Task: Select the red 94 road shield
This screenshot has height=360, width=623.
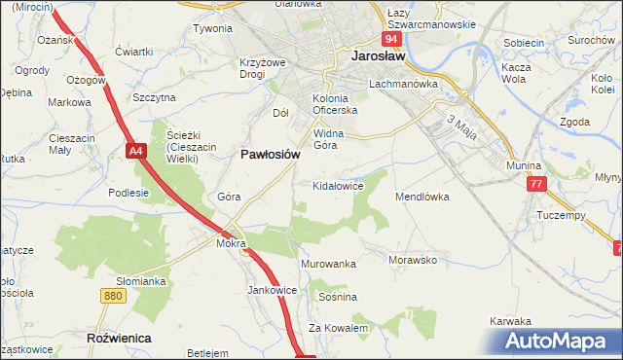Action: click(x=390, y=39)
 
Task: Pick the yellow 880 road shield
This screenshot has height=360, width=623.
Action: click(x=113, y=296)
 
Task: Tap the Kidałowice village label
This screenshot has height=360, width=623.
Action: click(x=338, y=184)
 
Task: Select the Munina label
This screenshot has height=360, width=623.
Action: click(x=523, y=166)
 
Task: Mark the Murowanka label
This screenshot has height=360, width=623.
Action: click(x=329, y=264)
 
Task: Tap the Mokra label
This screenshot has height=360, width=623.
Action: click(x=230, y=244)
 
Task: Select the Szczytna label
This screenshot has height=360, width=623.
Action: click(x=154, y=97)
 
